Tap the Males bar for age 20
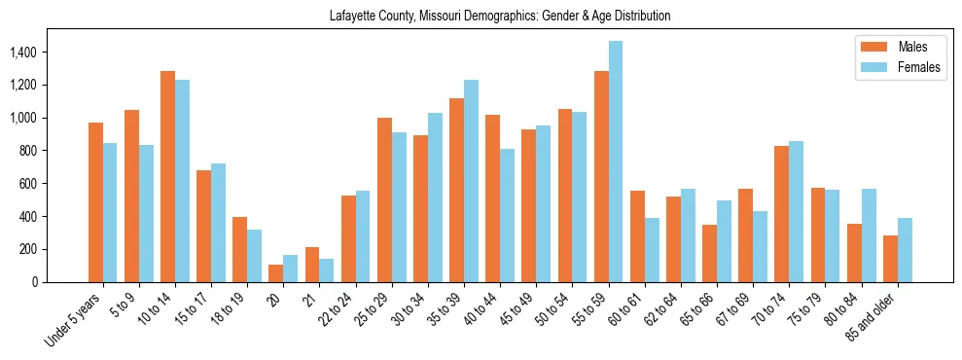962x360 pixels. pos(276,273)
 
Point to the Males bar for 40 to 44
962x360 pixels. pos(493,198)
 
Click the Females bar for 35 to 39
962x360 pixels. pos(471,181)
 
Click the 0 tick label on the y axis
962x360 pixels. pos(60,282)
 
